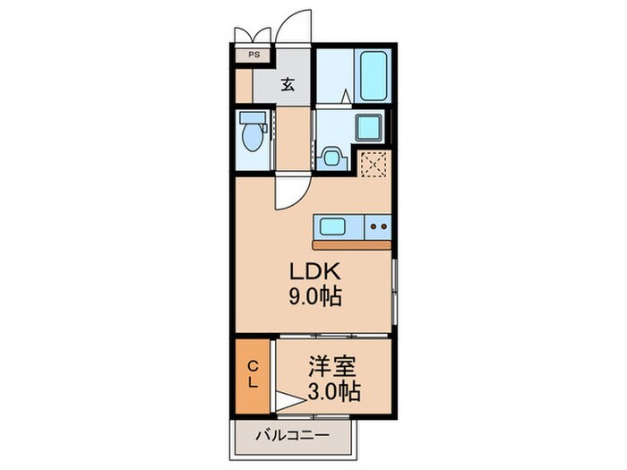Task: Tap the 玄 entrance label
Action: point(288,85)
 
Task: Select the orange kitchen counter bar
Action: point(351,244)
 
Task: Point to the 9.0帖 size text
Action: point(313,298)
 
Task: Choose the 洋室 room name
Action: point(332,366)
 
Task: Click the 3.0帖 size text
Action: point(332,392)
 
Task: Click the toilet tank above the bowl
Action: point(253,118)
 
